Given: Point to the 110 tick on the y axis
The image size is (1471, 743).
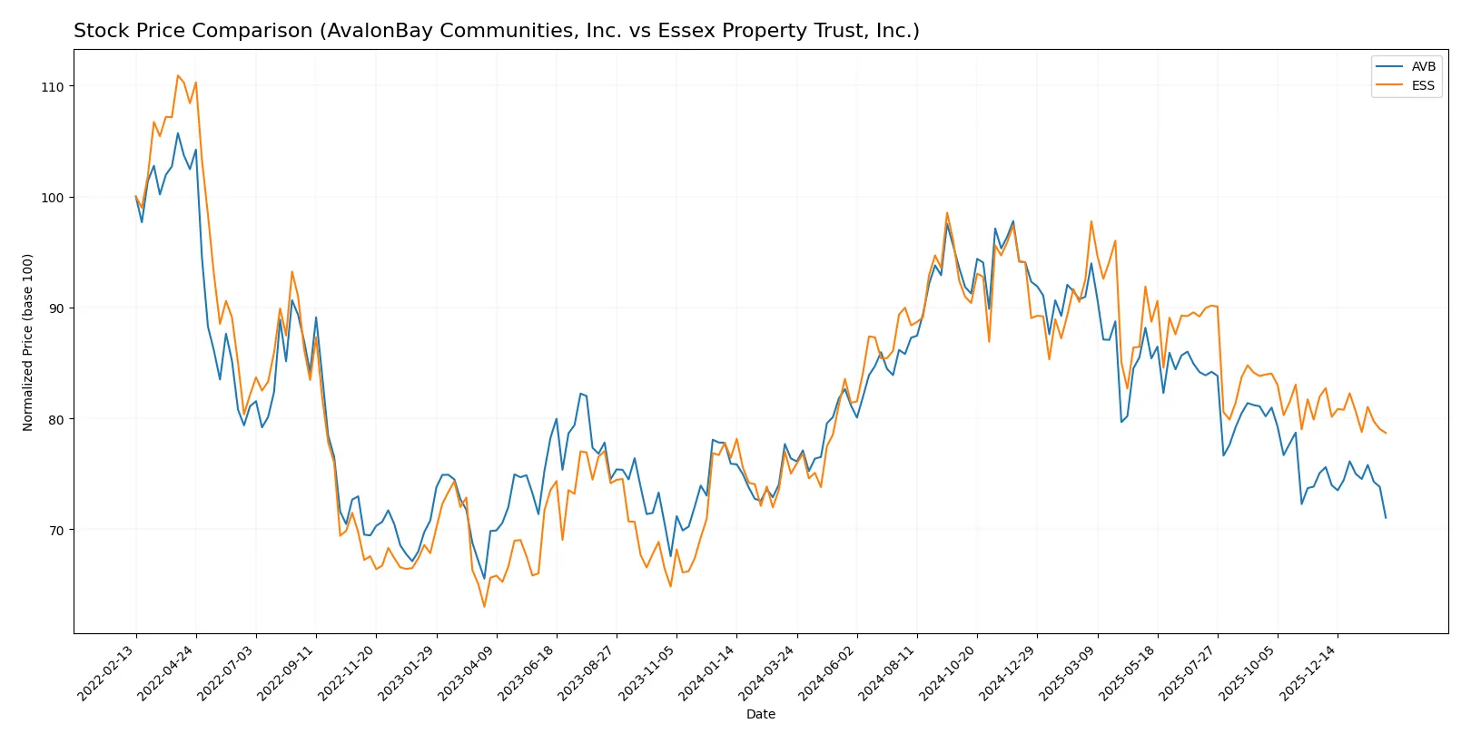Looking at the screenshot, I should [53, 86].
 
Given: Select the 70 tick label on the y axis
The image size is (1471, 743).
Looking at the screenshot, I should [56, 530].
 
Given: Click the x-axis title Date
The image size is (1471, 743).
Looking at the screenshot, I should [760, 715].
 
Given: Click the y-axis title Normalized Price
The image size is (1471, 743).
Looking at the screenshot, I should [28, 342].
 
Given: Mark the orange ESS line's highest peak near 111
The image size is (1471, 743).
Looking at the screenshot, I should [178, 75].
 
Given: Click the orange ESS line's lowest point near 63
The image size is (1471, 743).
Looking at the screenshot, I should [484, 606].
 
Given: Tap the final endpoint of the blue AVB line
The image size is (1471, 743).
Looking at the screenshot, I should [1386, 518].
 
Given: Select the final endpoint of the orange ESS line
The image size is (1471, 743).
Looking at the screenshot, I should [1386, 433].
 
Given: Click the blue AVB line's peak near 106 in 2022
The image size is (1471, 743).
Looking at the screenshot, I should [178, 133].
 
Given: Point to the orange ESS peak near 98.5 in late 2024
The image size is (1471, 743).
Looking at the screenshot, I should [947, 213].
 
